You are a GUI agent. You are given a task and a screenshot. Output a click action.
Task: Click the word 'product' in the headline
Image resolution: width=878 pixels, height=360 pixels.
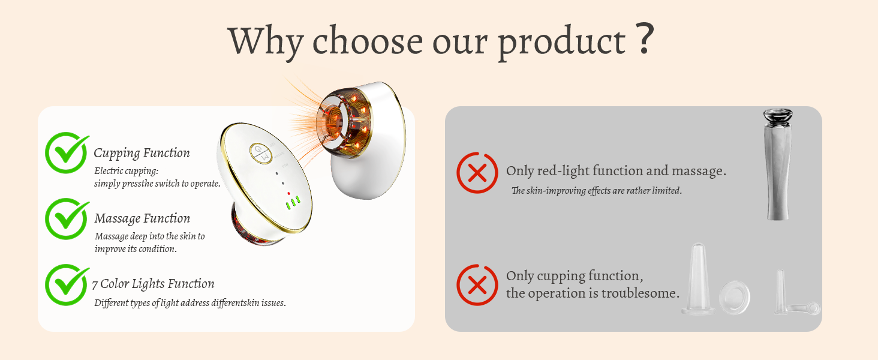coord(562,43)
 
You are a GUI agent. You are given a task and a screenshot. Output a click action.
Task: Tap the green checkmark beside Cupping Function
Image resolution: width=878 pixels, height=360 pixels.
coord(67,152)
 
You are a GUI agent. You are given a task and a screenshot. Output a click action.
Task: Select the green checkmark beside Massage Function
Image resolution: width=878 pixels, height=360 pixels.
coord(67,218)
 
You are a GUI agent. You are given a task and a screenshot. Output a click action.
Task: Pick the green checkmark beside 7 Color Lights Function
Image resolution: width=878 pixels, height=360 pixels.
coord(67,284)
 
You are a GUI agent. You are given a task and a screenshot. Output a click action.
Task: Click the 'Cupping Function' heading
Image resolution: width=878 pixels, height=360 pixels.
coord(142,153)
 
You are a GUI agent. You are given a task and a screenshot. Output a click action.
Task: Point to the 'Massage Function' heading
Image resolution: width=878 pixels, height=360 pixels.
coord(142,218)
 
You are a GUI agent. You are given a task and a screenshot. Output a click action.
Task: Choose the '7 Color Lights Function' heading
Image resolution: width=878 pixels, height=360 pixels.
coord(154,284)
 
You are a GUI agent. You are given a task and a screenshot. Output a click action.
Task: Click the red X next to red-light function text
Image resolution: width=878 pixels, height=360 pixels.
coord(477,173)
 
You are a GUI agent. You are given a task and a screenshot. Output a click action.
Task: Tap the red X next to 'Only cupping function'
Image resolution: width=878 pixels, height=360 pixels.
coord(477,285)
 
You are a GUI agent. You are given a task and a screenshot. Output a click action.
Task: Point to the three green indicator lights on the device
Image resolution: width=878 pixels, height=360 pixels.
coord(293,202)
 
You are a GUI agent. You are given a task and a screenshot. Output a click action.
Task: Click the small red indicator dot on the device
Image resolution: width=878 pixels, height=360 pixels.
coord(289,193)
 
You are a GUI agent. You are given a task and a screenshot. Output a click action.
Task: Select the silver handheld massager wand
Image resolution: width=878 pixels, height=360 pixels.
coord(778,164)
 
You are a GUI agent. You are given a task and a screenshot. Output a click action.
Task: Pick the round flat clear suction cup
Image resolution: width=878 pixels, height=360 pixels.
coord(735,298)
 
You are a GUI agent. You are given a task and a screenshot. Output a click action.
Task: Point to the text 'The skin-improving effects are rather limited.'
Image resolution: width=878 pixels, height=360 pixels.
coord(597,191)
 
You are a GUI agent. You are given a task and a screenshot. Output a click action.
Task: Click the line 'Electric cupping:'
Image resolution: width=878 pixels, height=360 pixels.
coord(126,171)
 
